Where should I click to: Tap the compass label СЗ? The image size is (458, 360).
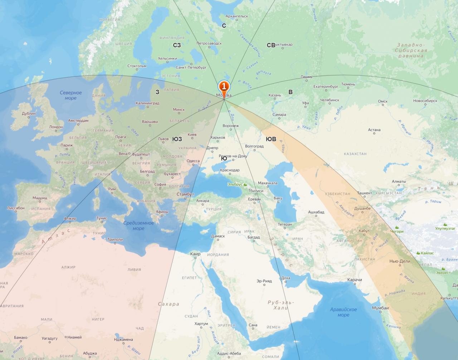pos(177,45)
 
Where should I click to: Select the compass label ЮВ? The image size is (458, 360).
pos(271,139)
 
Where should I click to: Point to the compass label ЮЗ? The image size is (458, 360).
pos(177,139)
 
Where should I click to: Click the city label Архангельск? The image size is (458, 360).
pos(237,16)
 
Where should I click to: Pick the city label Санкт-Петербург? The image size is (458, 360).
pos(191,67)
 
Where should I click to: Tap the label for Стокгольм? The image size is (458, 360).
pos(137,66)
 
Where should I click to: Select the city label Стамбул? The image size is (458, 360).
pos(185,194)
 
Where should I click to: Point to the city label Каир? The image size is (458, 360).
pos(195,254)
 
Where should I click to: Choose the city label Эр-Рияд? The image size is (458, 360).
pos(264,281)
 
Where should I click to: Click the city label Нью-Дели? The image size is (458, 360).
pos(400,261)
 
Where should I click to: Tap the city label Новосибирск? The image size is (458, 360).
pos(425,101)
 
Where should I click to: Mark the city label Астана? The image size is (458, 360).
pos(374,130)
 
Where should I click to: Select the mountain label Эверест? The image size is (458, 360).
pos(443,273)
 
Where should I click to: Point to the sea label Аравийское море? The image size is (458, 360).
pos(343,312)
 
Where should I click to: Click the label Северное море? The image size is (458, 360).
pos(70,95)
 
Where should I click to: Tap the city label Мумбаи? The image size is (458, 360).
pos(380,308)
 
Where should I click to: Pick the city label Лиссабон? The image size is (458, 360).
pos(16,208)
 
